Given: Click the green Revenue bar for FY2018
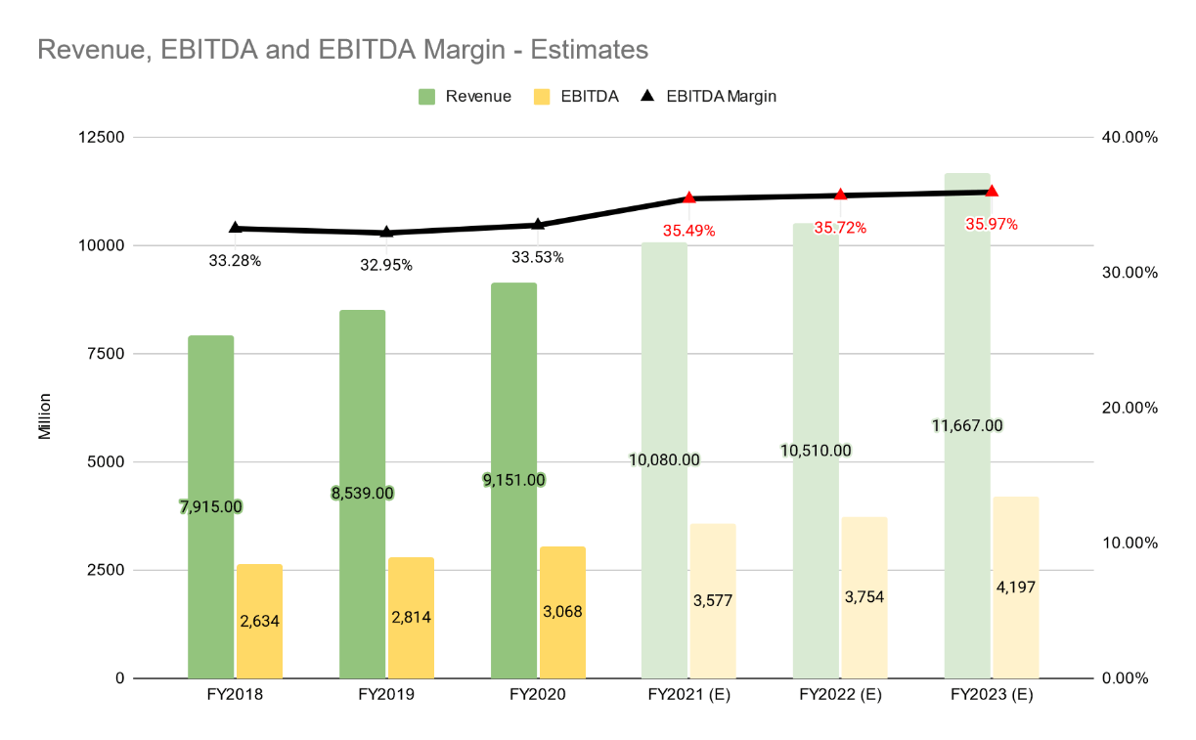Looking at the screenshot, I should tap(211, 430).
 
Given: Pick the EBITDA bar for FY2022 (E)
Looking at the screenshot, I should tap(864, 635).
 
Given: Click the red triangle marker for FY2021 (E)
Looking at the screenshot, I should tap(689, 197).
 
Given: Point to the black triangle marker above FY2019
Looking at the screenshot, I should tap(386, 232).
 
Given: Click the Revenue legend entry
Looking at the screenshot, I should tap(465, 96).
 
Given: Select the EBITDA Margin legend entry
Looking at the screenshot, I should tap(709, 96).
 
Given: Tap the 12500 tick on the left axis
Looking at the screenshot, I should tap(100, 137).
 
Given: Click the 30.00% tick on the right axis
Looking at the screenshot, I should tap(1129, 272).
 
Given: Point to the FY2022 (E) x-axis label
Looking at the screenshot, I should tap(840, 695).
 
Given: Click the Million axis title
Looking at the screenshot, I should tap(44, 415).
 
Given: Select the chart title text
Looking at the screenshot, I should tap(342, 48).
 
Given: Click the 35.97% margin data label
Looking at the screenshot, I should tap(992, 224).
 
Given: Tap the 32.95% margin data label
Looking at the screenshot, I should tap(386, 264).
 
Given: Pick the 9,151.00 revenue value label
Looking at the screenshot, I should tap(513, 480).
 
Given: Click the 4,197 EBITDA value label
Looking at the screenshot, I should tap(1016, 587).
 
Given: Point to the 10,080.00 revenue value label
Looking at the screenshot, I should tap(665, 459).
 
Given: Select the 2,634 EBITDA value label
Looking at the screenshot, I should tap(259, 621).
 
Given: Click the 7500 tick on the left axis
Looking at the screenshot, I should tap(105, 353).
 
